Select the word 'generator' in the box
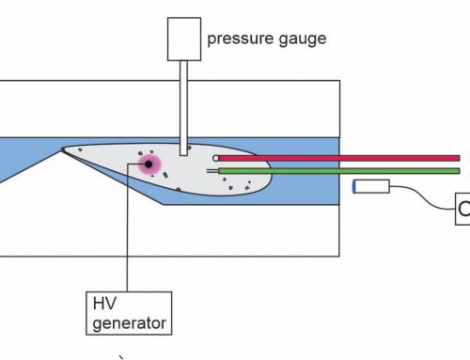click(x=126, y=324)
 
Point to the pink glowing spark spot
click(x=148, y=164)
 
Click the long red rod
click(x=338, y=158)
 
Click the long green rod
click(x=338, y=171)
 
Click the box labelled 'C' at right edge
click(x=462, y=209)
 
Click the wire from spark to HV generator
click(x=127, y=235)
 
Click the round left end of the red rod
click(x=217, y=158)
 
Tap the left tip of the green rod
click(x=221, y=171)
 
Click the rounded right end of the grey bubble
click(x=269, y=169)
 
